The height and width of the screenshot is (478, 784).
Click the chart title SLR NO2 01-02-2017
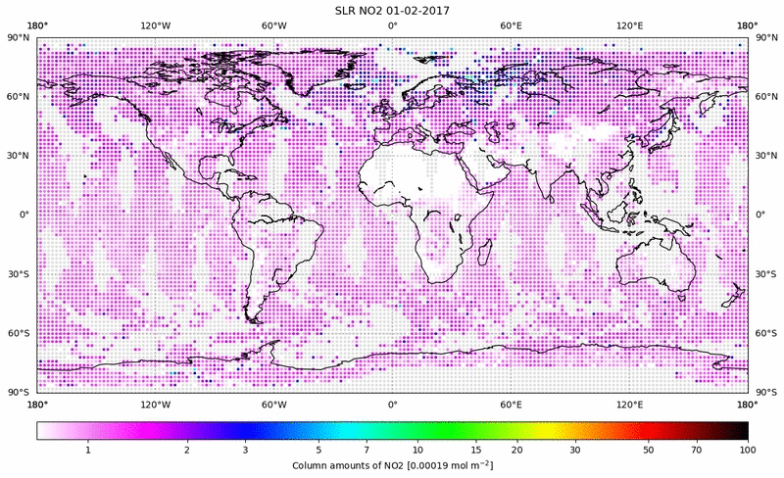pos(392,10)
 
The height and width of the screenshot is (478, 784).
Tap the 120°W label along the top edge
pos(155,25)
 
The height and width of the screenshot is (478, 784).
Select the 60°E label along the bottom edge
pos(511,404)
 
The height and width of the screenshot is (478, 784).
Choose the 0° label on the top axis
pos(392,25)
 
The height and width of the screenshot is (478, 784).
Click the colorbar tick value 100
pos(748,449)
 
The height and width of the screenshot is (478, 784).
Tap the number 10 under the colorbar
pos(417,449)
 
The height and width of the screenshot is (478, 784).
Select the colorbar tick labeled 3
pos(245,449)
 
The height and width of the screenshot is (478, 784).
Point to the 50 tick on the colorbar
pos(648,449)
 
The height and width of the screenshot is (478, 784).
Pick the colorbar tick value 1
pos(88,449)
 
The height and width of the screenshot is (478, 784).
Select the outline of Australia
pos(657,264)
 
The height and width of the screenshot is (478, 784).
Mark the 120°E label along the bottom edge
pos(629,404)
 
